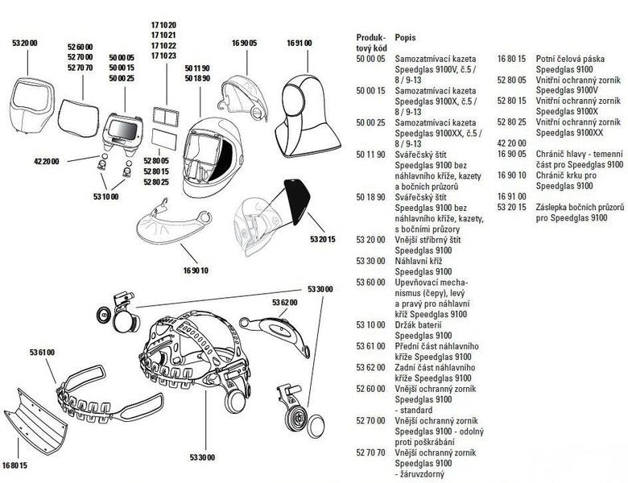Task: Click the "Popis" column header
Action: (x=407, y=38)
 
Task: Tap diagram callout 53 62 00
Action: (x=284, y=302)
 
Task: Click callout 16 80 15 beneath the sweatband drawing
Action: (x=15, y=465)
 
